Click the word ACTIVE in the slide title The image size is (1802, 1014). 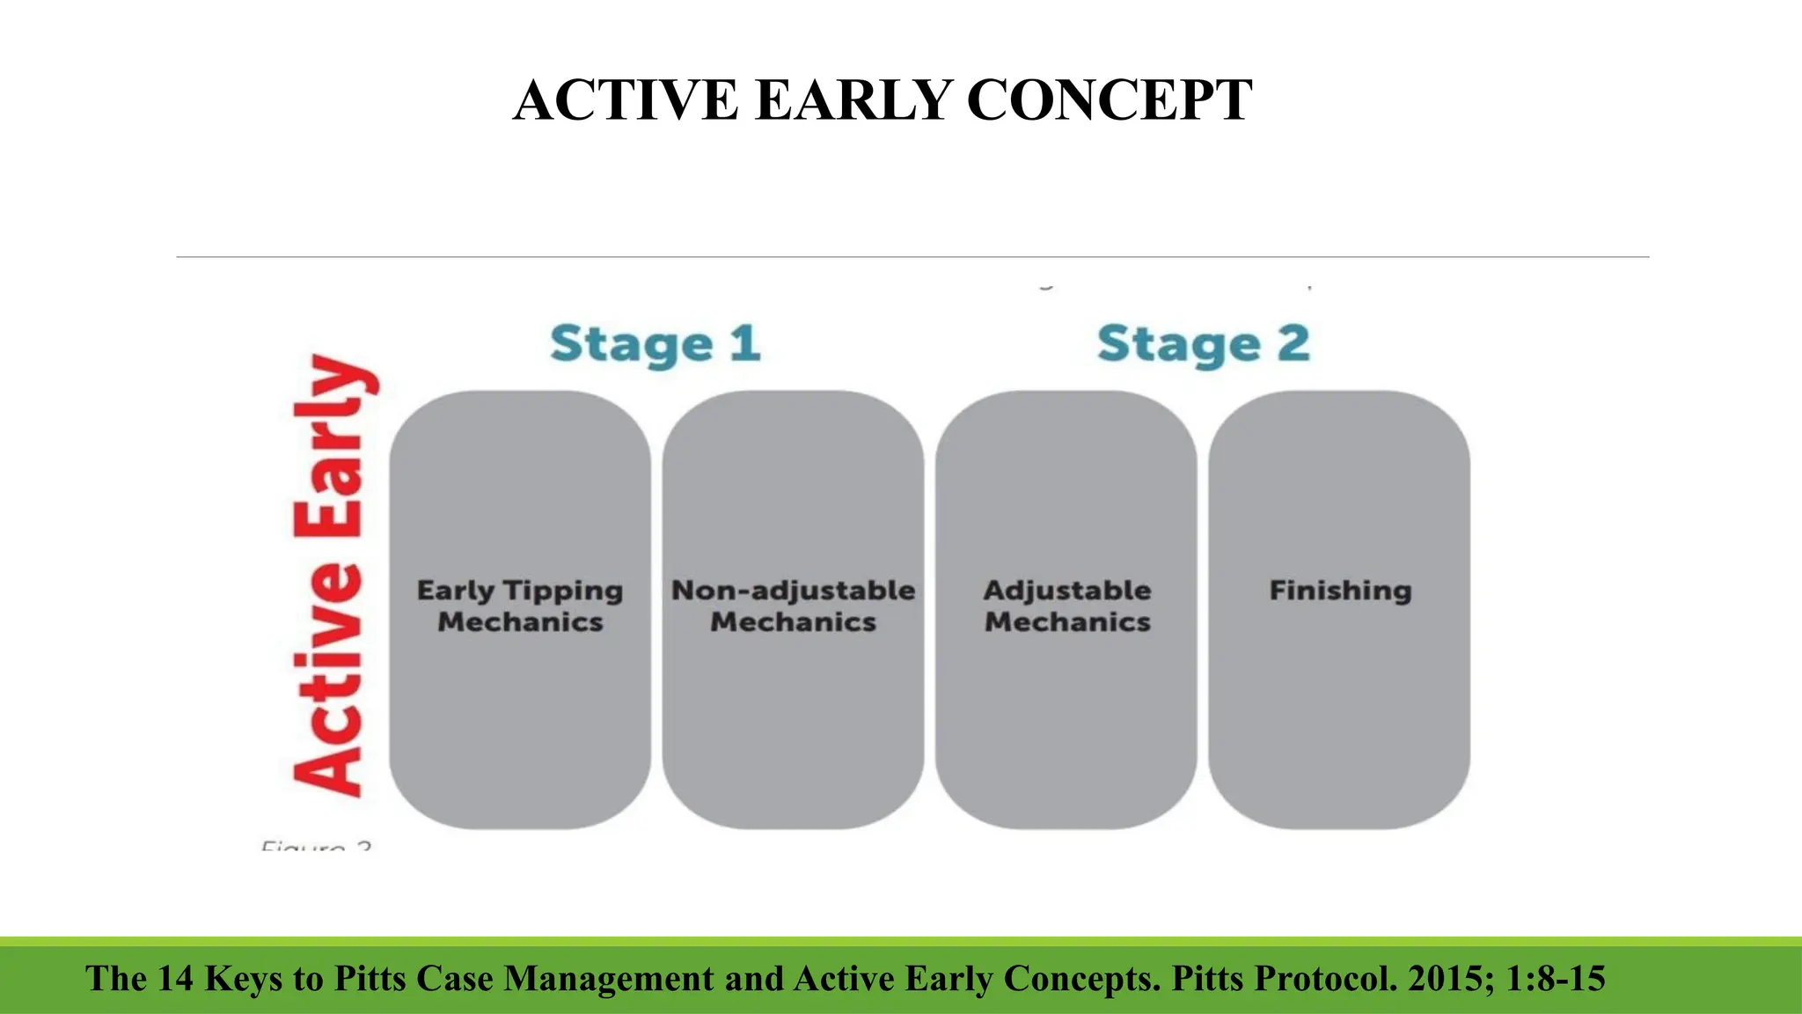[x=626, y=100]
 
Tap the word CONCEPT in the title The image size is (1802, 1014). [x=1110, y=100]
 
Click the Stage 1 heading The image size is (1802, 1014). [x=656, y=344]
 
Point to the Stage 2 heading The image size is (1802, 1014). [x=1204, y=344]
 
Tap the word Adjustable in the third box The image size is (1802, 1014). [x=1067, y=591]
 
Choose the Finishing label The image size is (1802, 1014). [x=1340, y=591]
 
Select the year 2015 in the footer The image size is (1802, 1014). [x=1451, y=979]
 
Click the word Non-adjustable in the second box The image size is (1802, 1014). [x=793, y=591]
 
